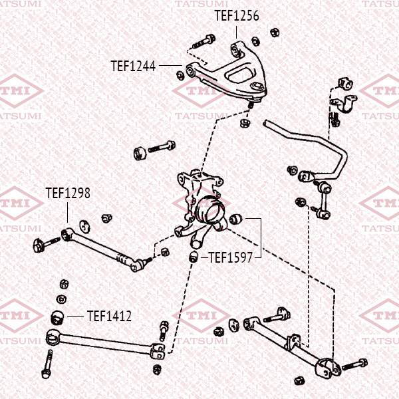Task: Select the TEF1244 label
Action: pyautogui.click(x=133, y=66)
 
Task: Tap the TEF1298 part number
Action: pyautogui.click(x=67, y=194)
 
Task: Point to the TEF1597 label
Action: pyautogui.click(x=231, y=257)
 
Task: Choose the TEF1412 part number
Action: pyautogui.click(x=109, y=316)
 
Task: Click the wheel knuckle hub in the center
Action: pyautogui.click(x=209, y=213)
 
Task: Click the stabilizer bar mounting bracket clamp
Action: pyautogui.click(x=344, y=106)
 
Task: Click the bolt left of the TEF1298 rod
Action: pyautogui.click(x=38, y=245)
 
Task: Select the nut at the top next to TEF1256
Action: pyautogui.click(x=273, y=31)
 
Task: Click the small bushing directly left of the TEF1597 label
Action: pyautogui.click(x=194, y=257)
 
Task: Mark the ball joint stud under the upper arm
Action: pyautogui.click(x=250, y=106)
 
